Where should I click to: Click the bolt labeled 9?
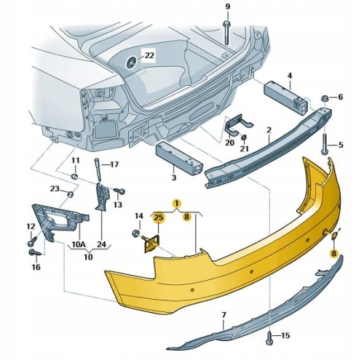[227, 33]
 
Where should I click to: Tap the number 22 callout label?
[149, 56]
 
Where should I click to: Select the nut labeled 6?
[325, 98]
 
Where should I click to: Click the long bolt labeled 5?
[325, 143]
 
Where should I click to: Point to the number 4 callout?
[290, 76]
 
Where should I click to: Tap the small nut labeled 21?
[244, 138]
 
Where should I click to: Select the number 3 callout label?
[174, 177]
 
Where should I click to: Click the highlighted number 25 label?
[158, 217]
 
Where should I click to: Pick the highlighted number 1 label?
[177, 203]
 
